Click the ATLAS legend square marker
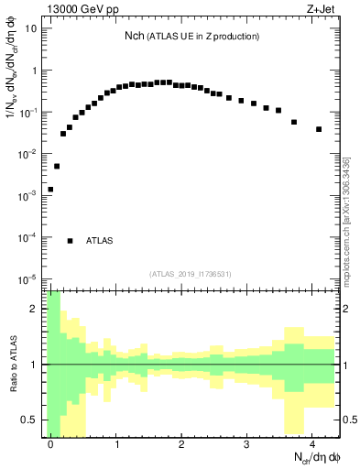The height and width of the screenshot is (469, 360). pyautogui.click(x=70, y=241)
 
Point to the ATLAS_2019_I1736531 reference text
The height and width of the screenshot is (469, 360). pyautogui.click(x=190, y=274)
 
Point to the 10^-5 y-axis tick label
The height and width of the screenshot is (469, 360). pyautogui.click(x=28, y=278)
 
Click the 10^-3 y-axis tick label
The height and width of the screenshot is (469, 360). pyautogui.click(x=28, y=195)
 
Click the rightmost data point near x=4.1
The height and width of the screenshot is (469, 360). pyautogui.click(x=319, y=129)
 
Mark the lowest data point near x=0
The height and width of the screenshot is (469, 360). pyautogui.click(x=50, y=190)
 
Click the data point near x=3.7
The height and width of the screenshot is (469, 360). pyautogui.click(x=293, y=122)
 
